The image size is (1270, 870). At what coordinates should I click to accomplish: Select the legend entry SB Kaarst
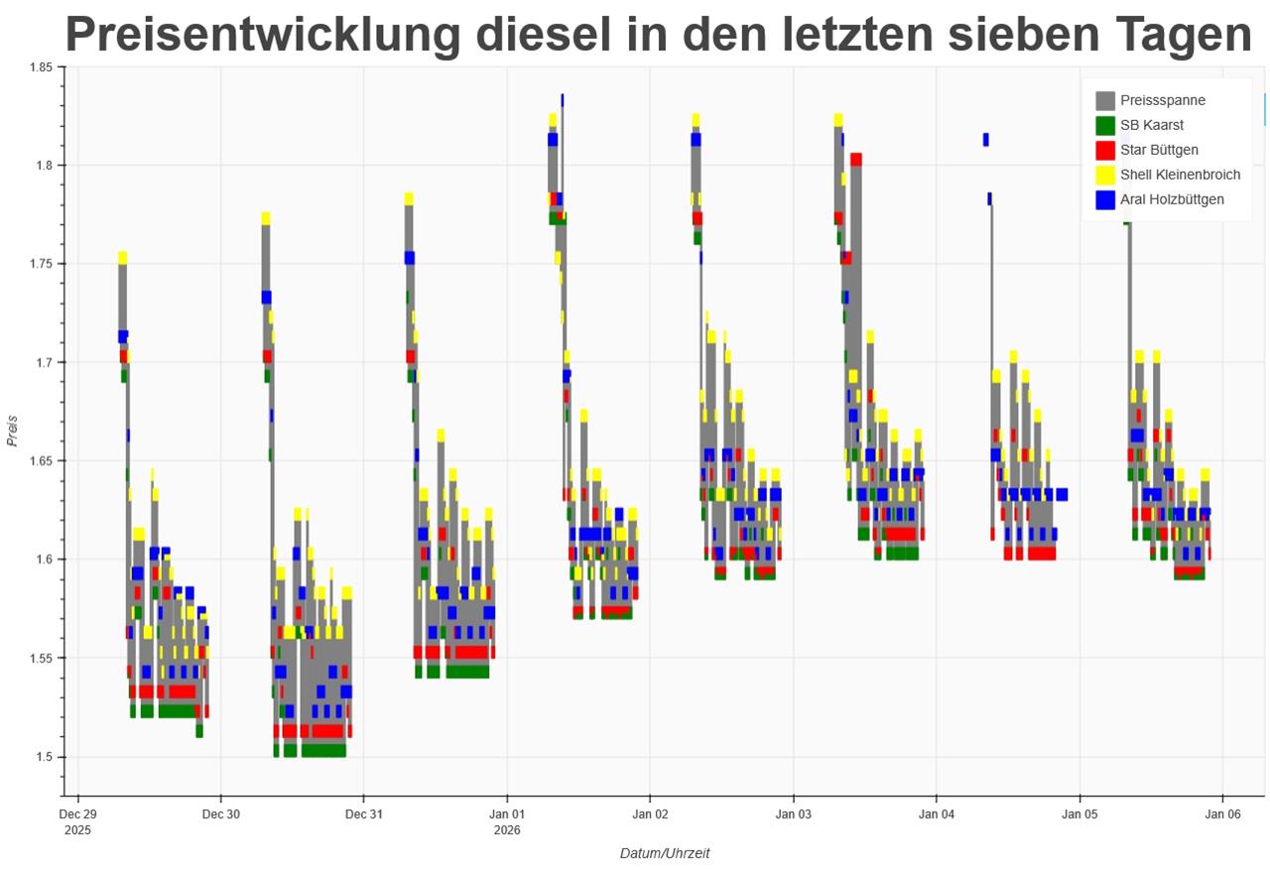tap(1151, 125)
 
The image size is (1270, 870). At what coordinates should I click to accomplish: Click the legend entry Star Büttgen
tap(1159, 150)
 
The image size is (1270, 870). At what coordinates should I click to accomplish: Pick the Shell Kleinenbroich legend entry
tap(1180, 175)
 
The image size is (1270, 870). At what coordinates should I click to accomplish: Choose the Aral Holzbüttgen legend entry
tap(1172, 199)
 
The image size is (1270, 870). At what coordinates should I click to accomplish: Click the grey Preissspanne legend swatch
tap(1105, 100)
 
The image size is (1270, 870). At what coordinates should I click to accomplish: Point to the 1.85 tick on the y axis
tap(41, 66)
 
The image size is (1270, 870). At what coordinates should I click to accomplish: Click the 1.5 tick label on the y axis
tap(44, 757)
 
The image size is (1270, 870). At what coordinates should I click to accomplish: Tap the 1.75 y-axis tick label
tap(41, 264)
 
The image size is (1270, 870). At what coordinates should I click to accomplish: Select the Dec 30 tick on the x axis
tap(220, 814)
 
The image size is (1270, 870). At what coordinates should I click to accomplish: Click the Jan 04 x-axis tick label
tap(936, 814)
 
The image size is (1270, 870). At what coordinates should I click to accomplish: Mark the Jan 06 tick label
tap(1221, 814)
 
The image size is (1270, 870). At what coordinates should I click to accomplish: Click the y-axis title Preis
tap(14, 431)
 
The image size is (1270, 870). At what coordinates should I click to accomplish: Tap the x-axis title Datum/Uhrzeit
tap(665, 853)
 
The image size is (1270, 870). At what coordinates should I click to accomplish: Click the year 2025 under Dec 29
tap(77, 829)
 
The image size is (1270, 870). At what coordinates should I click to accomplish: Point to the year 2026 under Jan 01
tap(507, 829)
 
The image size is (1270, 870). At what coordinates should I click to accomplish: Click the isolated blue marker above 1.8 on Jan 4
tap(985, 140)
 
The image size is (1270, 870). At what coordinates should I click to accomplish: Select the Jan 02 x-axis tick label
tap(650, 814)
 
